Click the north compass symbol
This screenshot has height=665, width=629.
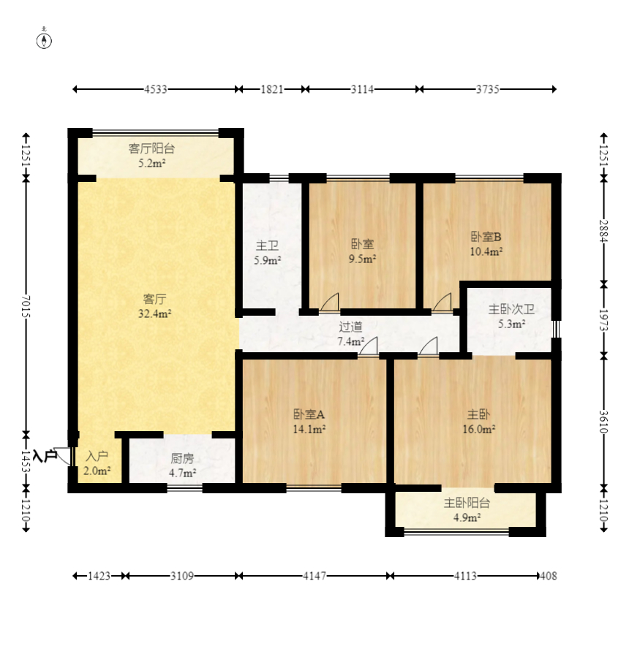coord(44,41)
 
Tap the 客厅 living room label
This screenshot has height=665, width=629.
coord(154,299)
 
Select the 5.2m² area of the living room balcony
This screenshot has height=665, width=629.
coord(151,163)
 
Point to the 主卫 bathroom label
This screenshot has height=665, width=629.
coord(267,246)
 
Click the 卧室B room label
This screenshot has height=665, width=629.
coord(486,237)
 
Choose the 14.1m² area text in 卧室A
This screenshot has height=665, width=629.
coord(309,429)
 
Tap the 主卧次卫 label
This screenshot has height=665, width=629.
coord(511,310)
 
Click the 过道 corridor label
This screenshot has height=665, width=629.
coord(350,327)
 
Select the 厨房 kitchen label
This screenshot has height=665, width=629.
coord(183,458)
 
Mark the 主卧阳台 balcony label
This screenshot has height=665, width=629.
coord(467,503)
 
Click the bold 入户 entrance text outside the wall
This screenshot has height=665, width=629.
coord(45,456)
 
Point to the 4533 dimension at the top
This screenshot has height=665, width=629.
coord(155,89)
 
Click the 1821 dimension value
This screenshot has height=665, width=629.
coord(271,89)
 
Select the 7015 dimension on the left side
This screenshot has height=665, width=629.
coord(26,306)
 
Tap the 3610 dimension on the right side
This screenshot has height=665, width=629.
coord(603,422)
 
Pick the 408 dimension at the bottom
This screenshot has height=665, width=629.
coord(549,576)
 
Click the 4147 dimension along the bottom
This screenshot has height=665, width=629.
coord(314,576)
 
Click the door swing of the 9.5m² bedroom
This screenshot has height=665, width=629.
coord(330,302)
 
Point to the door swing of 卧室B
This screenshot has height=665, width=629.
coord(442,302)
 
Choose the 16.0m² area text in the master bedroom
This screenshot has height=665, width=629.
coord(479,429)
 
